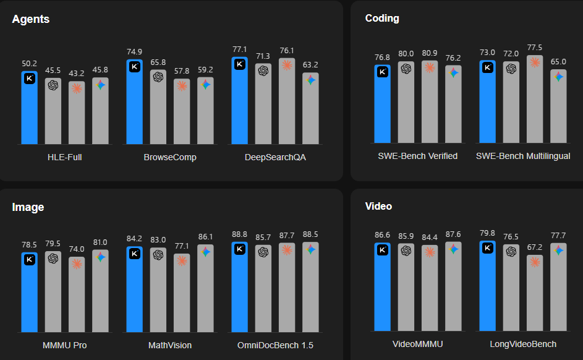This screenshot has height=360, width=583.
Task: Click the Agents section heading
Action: [31, 19]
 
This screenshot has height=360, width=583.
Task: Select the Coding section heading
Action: [382, 19]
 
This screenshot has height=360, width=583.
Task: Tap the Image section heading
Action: [28, 207]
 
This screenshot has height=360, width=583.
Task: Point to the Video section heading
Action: [378, 206]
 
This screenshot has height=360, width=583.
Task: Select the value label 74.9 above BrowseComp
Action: [135, 51]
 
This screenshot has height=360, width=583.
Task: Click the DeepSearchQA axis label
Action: [275, 157]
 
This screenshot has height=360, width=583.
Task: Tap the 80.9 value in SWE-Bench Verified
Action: [429, 53]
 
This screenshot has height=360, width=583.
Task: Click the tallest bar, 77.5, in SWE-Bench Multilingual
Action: [535, 99]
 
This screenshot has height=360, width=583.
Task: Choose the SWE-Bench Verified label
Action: [417, 156]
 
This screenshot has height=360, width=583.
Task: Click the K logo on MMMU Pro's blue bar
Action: [30, 260]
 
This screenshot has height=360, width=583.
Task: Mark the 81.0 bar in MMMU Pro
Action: [100, 291]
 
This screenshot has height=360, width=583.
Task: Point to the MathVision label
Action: [170, 345]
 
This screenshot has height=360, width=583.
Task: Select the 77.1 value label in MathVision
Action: [182, 246]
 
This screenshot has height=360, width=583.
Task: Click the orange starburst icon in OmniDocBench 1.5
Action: [287, 249]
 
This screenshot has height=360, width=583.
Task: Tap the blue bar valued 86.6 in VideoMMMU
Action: [382, 288]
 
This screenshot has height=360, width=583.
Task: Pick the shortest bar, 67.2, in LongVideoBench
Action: [535, 294]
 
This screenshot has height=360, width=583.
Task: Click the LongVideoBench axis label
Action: [522, 344]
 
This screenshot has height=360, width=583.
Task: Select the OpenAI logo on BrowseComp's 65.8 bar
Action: [158, 77]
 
